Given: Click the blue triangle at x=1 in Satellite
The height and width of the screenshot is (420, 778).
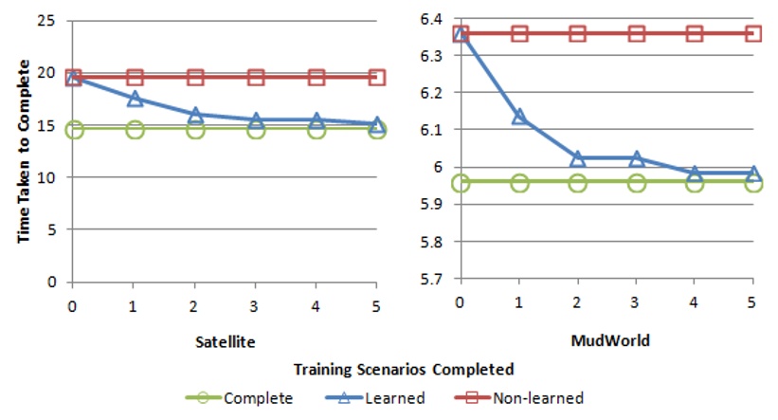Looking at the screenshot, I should (x=135, y=99).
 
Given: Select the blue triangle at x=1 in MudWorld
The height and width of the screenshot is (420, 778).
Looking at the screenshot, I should (x=519, y=117).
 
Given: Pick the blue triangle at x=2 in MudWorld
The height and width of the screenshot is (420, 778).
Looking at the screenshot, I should (x=578, y=157).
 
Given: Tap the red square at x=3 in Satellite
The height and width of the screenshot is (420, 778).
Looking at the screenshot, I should (x=256, y=77).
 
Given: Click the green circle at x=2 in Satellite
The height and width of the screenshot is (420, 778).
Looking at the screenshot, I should (x=195, y=129).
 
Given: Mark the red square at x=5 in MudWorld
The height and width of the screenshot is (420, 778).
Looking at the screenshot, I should (x=753, y=33).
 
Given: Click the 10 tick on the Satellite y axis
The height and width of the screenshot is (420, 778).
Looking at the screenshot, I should (x=55, y=177).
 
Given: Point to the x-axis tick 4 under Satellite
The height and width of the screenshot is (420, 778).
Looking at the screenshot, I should (x=317, y=305).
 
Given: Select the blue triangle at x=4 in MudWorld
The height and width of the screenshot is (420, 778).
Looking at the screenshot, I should (x=695, y=173).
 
